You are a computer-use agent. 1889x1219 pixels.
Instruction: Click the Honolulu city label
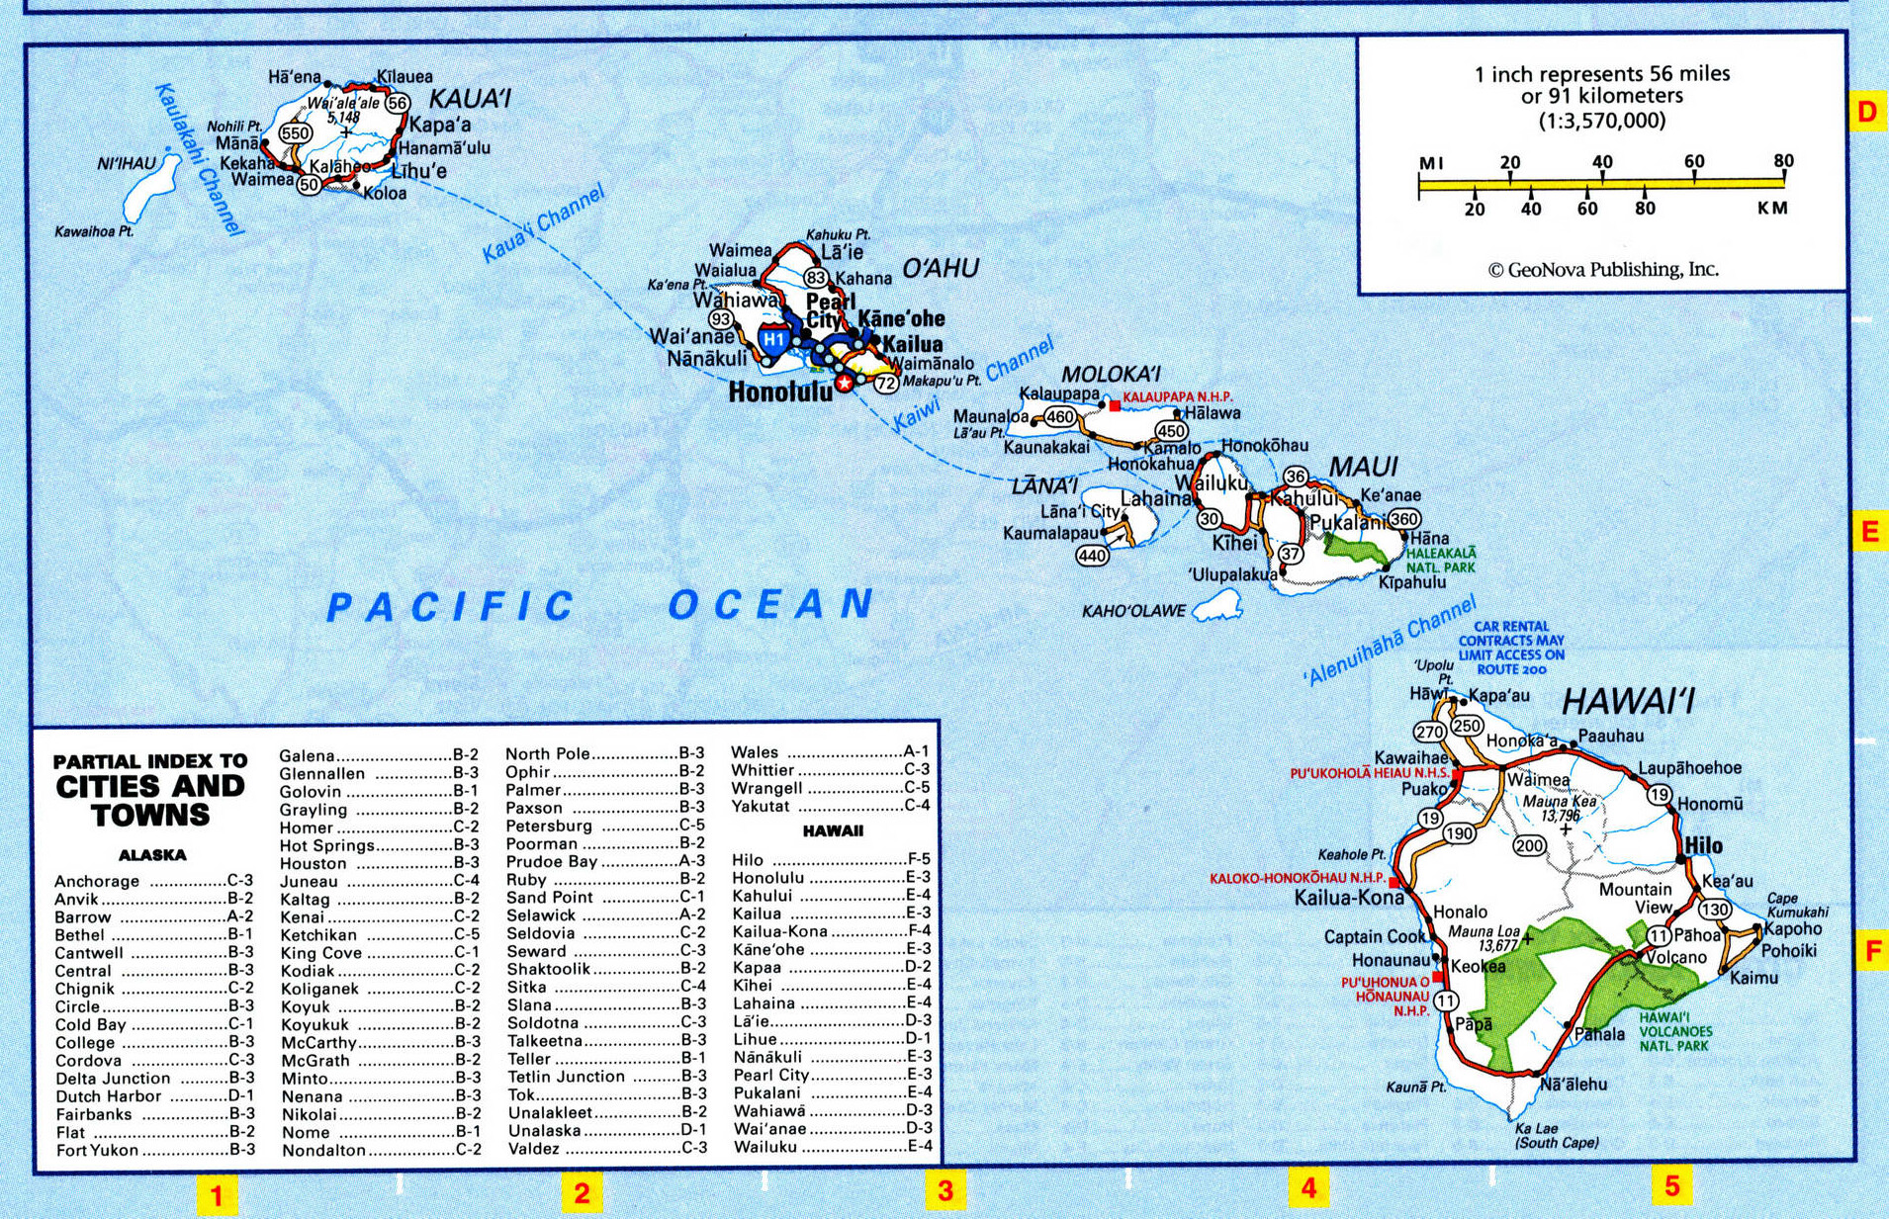pos(779,392)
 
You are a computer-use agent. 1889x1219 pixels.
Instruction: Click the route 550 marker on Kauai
pos(295,133)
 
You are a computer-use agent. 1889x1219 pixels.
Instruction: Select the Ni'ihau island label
pos(126,163)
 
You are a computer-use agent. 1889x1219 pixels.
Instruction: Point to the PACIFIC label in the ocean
pos(450,606)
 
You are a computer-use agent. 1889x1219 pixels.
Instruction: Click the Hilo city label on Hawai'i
pos(1703,845)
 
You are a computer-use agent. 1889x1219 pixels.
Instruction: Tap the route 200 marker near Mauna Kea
pos(1529,845)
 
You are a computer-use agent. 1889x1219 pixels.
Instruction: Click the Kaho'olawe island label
pos(1132,611)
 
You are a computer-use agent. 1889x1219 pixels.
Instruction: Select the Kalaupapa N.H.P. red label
pos(1177,396)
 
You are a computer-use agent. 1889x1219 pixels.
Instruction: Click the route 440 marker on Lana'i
pos(1092,557)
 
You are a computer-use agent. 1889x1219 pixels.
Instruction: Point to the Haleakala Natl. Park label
pos(1440,561)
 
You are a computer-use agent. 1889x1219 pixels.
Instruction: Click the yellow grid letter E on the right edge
pos(1868,532)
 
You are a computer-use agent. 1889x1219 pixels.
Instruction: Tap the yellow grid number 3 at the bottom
pos(945,1190)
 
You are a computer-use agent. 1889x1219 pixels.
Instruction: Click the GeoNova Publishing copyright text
pos(1602,269)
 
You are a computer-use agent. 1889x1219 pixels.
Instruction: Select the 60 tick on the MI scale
pos(1694,161)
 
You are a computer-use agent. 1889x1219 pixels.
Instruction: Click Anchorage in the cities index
pos(97,881)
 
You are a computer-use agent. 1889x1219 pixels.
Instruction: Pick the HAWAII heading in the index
pos(833,831)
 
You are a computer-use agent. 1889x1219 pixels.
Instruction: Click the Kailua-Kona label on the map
pos(1348,898)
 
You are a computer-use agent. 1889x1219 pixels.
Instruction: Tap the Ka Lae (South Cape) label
pos(1556,1135)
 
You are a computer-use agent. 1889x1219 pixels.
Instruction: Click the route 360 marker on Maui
pos(1403,519)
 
